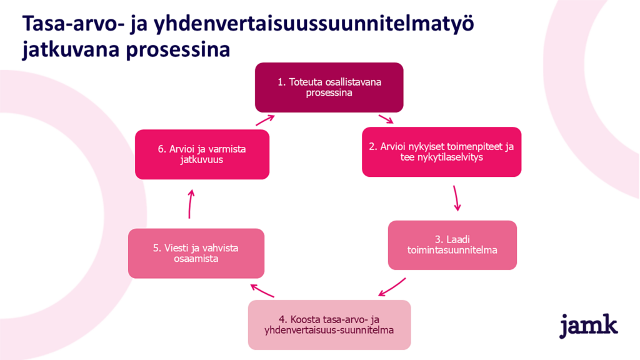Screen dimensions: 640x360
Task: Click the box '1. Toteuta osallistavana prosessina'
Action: click(x=329, y=87)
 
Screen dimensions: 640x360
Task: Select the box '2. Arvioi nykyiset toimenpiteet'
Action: click(x=441, y=152)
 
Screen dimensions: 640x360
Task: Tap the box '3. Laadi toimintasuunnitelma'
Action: click(x=452, y=245)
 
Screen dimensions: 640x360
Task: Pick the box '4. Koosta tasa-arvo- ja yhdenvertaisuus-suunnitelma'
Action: click(x=329, y=325)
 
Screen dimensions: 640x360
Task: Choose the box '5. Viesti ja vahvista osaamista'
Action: click(x=196, y=254)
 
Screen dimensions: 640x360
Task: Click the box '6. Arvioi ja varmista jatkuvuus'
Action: click(x=202, y=154)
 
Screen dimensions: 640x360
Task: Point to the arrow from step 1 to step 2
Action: click(x=386, y=119)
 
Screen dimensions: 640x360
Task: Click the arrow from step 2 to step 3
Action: click(x=456, y=198)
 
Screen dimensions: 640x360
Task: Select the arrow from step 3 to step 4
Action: click(x=392, y=287)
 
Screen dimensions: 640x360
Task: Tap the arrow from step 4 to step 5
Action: click(x=262, y=291)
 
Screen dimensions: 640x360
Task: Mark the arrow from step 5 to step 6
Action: click(x=191, y=204)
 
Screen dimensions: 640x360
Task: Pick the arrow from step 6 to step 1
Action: click(x=265, y=120)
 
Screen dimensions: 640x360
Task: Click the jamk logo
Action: click(x=588, y=325)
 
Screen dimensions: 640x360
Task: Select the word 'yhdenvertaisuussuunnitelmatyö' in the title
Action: click(x=314, y=24)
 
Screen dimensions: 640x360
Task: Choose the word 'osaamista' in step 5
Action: click(x=196, y=258)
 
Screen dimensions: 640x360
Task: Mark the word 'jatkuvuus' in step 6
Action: click(x=202, y=159)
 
